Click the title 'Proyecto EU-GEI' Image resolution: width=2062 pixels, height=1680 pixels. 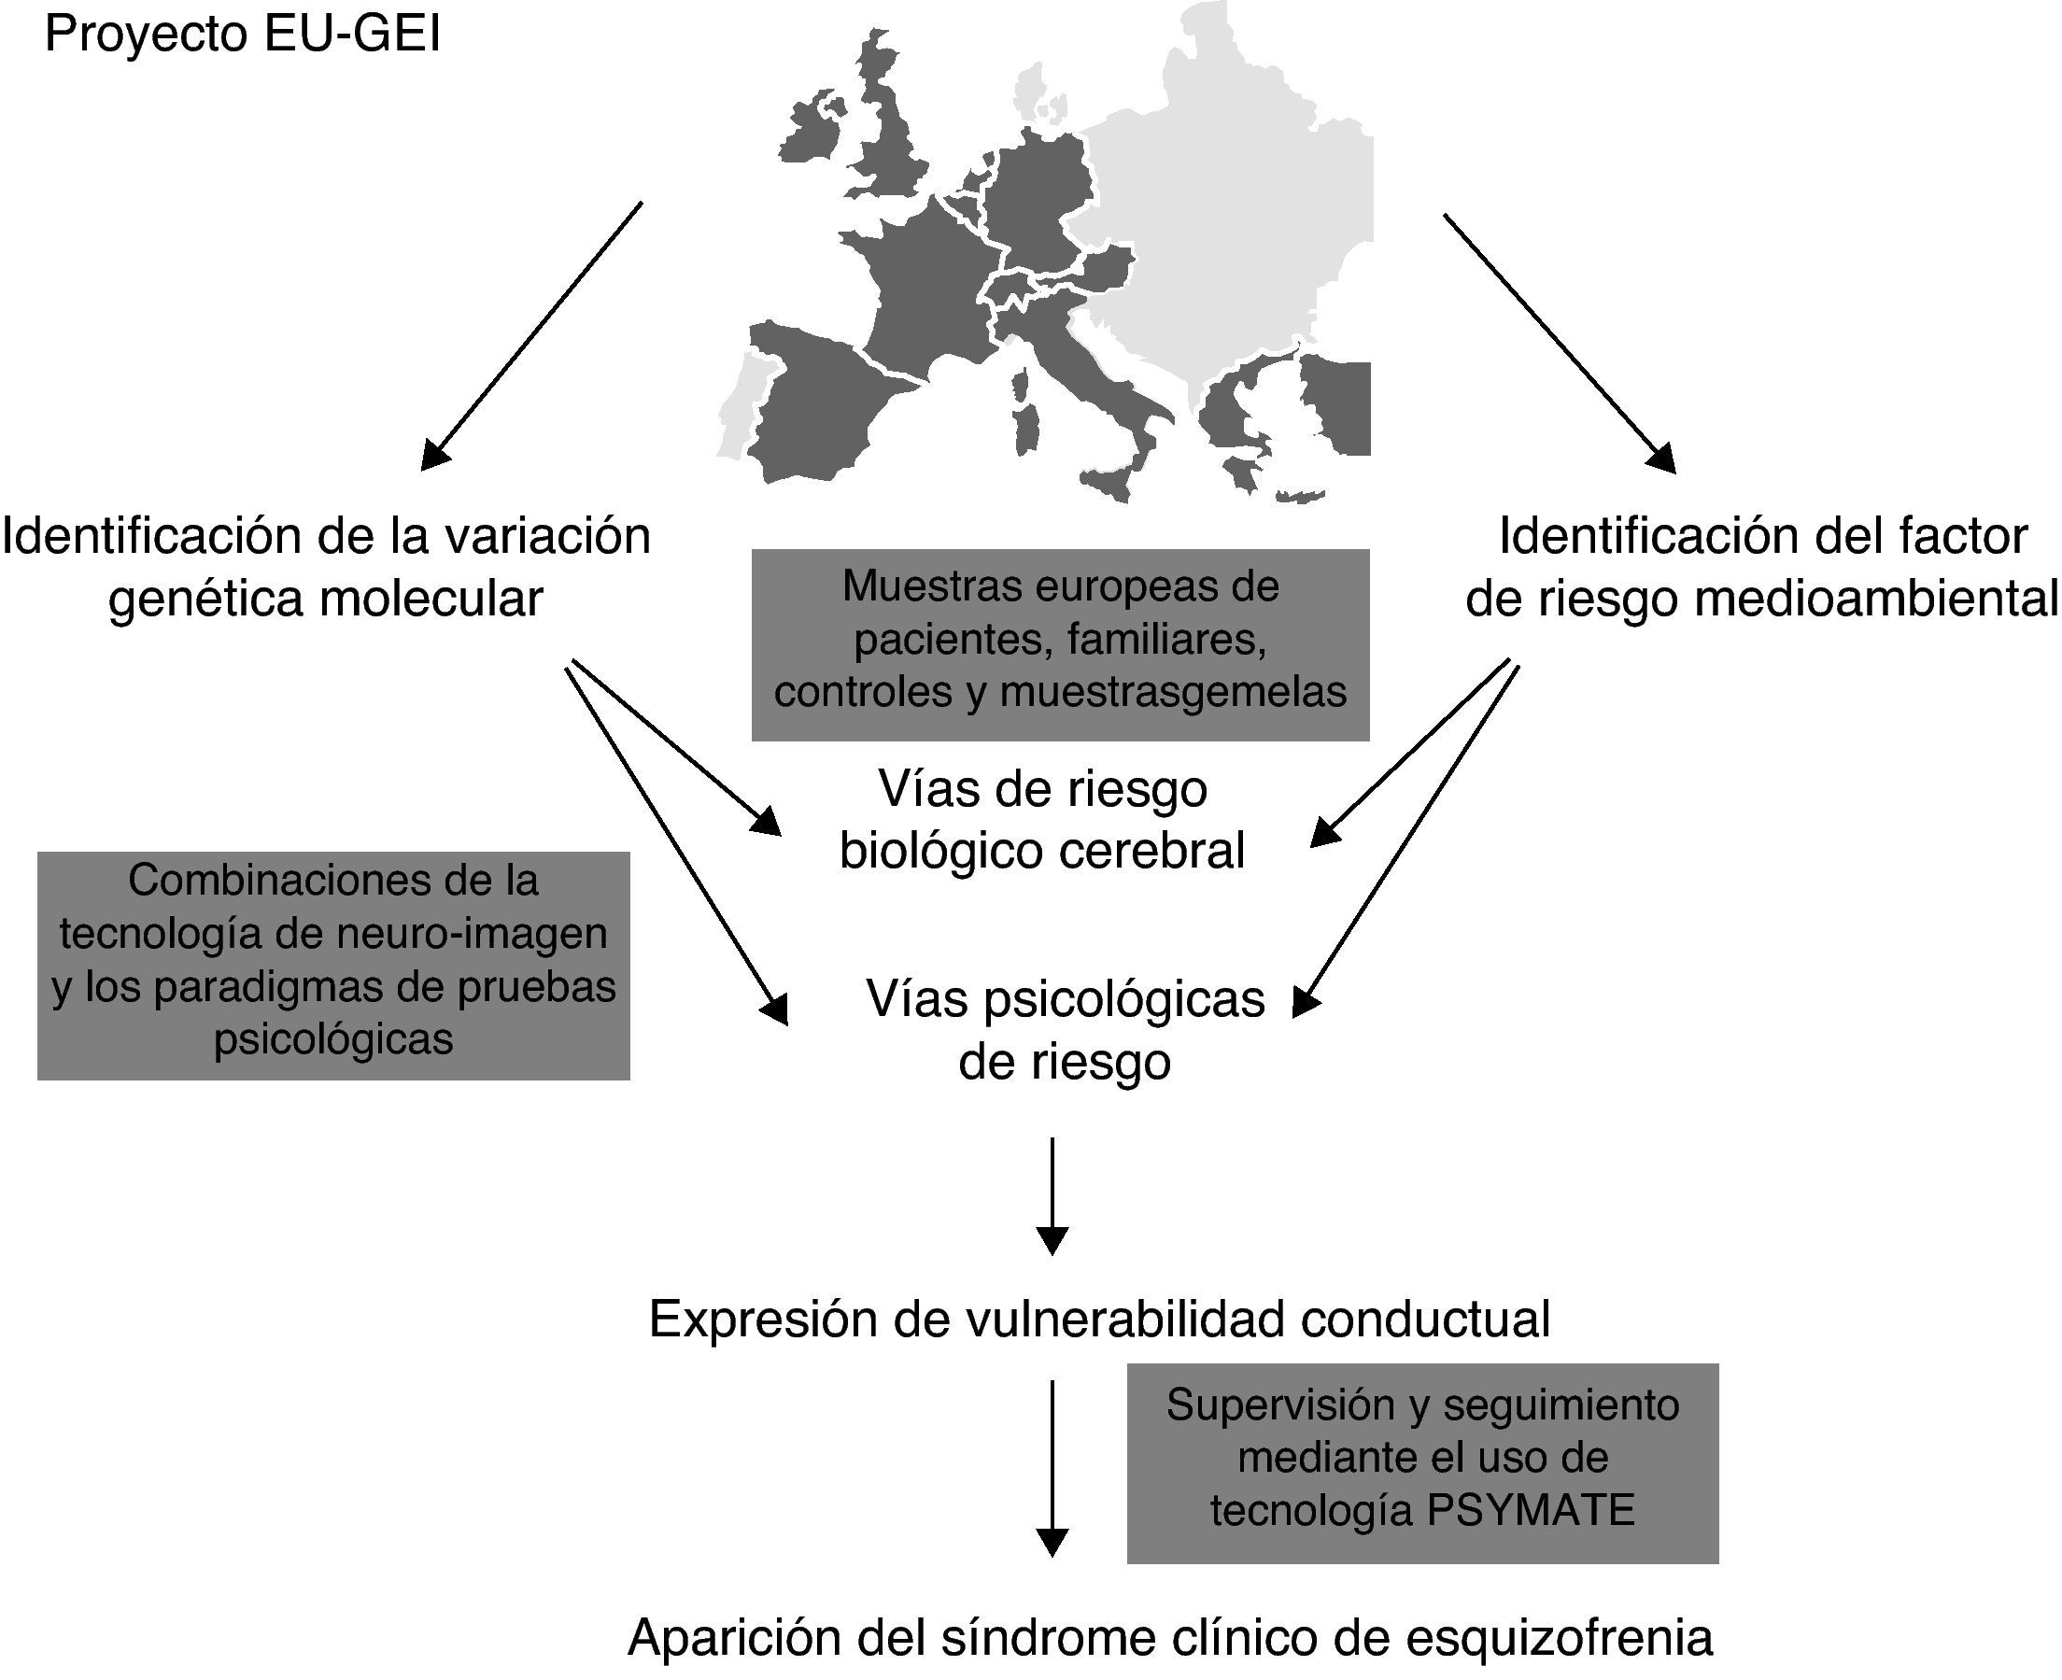[242, 36]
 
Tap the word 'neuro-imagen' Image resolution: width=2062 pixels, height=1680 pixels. [472, 934]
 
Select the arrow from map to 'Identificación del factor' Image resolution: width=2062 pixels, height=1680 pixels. [1559, 343]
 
